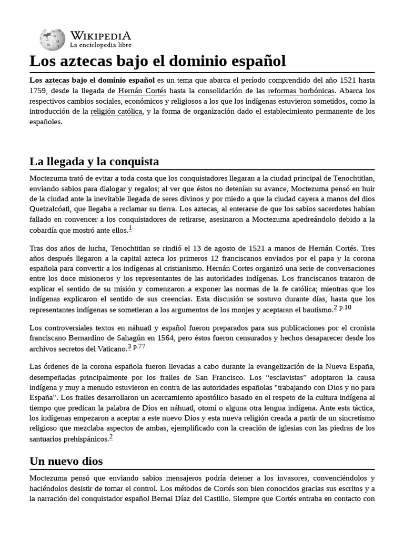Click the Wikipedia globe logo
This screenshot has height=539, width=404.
click(53, 39)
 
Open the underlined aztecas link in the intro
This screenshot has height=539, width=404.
click(57, 81)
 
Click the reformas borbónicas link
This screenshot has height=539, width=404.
click(301, 91)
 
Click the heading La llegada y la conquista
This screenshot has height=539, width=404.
click(94, 161)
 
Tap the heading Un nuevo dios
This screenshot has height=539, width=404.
click(66, 461)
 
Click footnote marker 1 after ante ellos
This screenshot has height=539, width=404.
click(130, 227)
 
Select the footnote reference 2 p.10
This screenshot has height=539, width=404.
click(342, 308)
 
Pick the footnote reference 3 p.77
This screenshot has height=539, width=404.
click(136, 347)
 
